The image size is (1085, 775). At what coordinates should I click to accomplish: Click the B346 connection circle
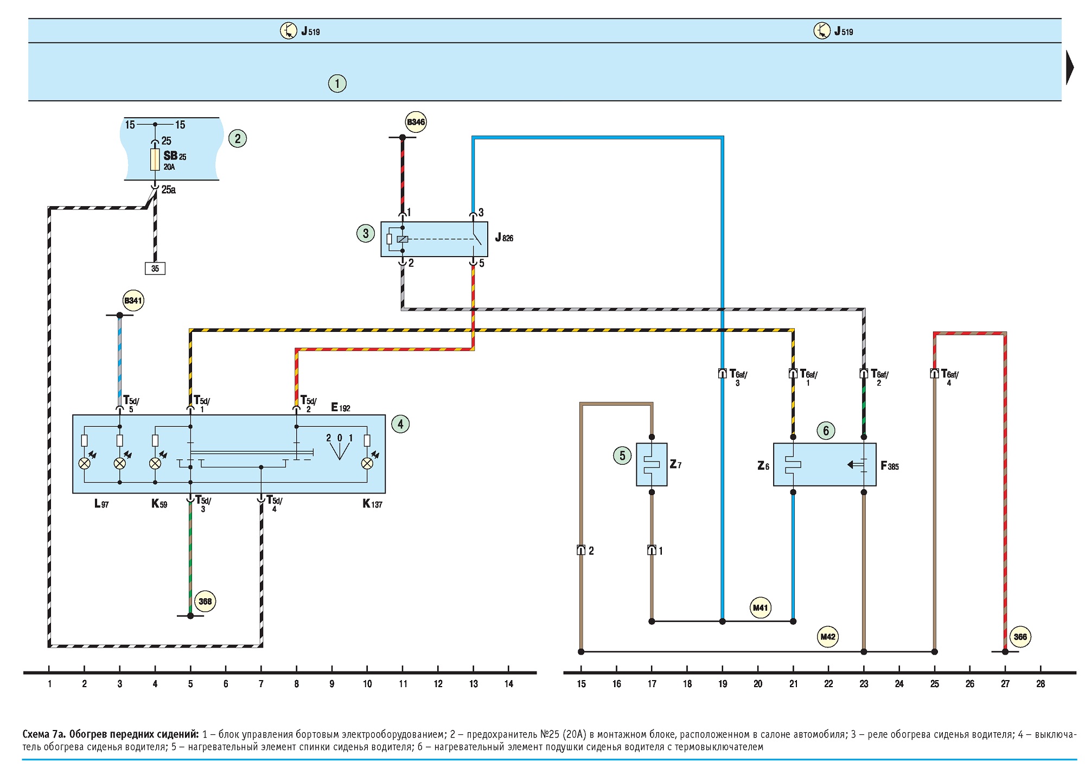(x=416, y=122)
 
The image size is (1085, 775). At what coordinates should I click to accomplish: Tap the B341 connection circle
(x=133, y=300)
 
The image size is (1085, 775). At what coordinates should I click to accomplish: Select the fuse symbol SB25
(x=155, y=159)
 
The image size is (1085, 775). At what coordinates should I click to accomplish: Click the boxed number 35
(x=155, y=268)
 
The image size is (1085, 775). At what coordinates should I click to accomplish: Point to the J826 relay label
(x=504, y=238)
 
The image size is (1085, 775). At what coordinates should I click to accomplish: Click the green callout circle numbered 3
(x=366, y=233)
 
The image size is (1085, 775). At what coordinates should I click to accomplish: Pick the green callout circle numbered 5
(x=622, y=456)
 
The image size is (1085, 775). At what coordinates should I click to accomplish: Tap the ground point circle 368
(x=205, y=601)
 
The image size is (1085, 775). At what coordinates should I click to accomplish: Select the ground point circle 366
(x=1020, y=637)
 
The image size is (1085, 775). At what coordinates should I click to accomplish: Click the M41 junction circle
(x=761, y=607)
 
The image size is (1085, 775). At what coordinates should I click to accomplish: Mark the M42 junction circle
(x=828, y=636)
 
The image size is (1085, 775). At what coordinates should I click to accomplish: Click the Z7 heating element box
(x=652, y=464)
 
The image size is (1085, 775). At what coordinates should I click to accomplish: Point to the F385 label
(x=890, y=466)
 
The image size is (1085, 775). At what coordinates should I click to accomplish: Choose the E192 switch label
(x=341, y=407)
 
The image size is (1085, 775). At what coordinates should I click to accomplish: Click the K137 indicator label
(x=373, y=504)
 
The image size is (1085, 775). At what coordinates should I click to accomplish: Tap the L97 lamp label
(x=101, y=504)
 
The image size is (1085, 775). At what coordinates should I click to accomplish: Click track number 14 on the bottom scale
(x=509, y=684)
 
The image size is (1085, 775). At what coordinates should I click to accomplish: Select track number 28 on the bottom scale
(x=1041, y=684)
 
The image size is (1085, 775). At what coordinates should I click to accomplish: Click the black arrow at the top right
(x=1070, y=67)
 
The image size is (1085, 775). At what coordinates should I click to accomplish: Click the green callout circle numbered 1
(x=337, y=84)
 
